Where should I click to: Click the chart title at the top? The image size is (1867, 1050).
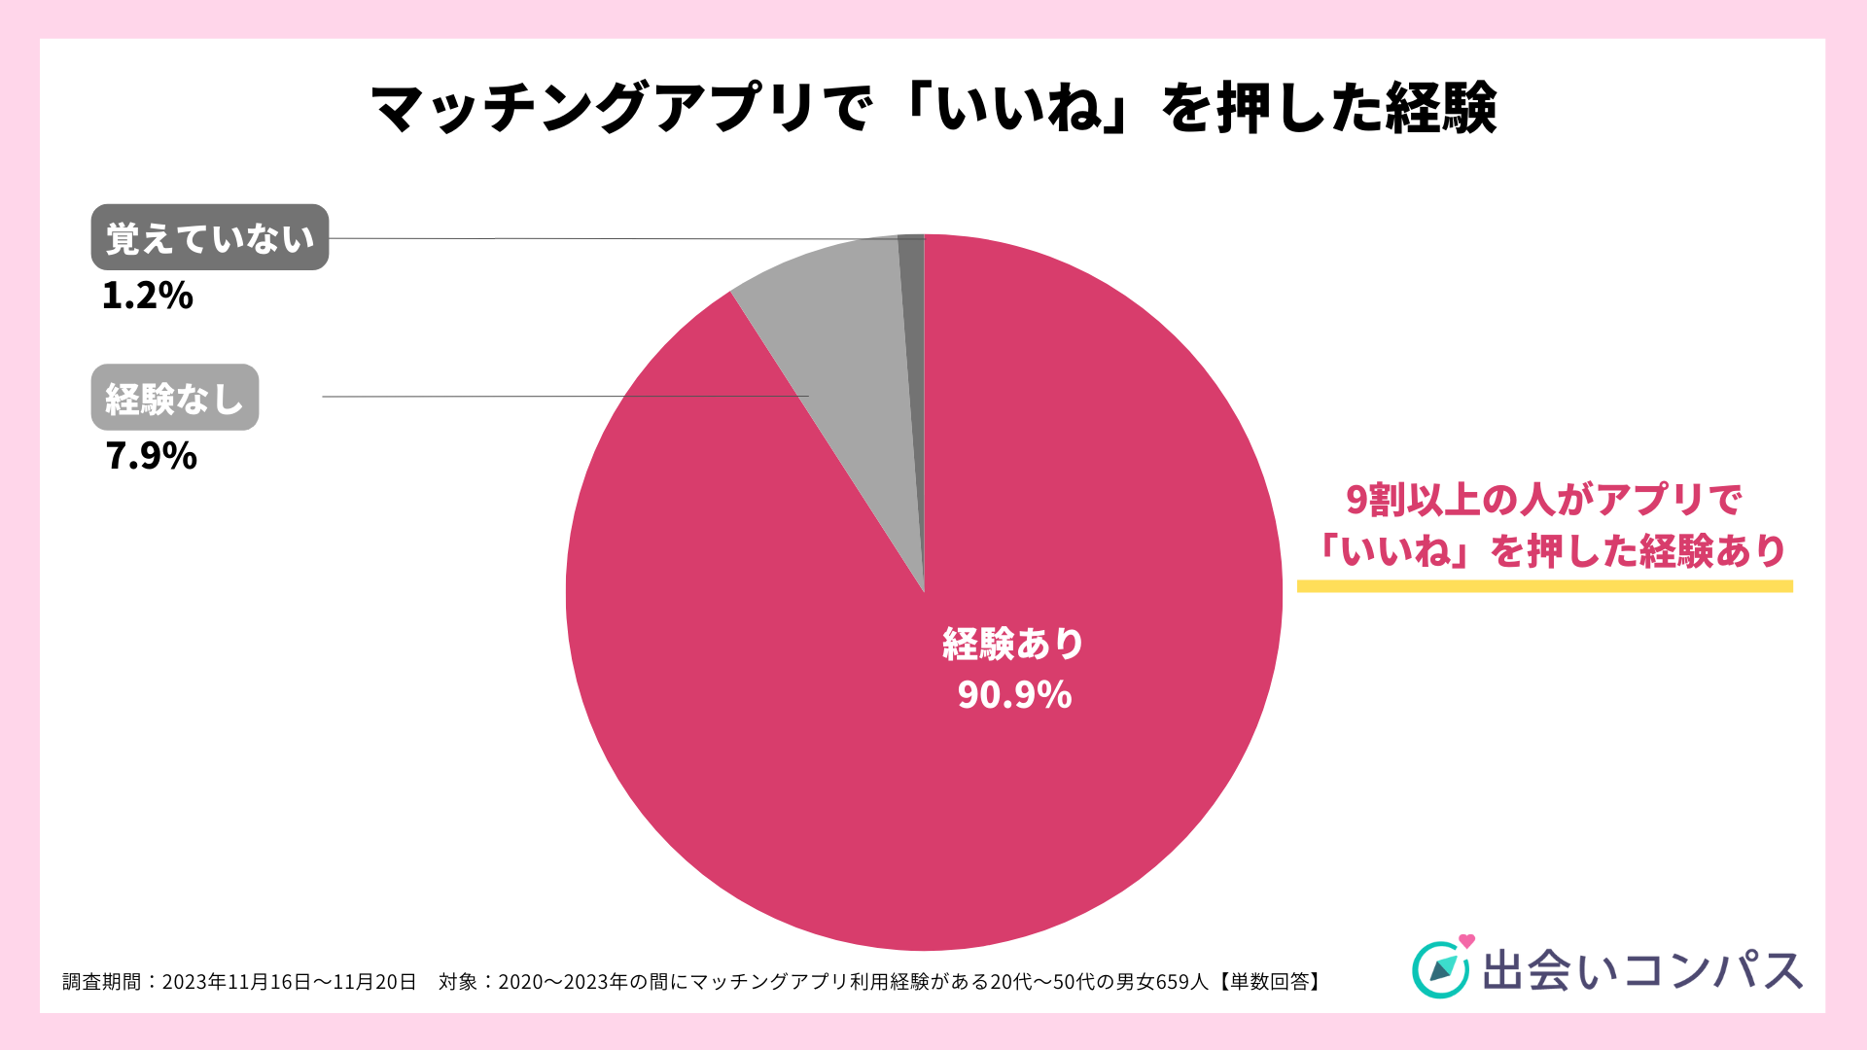[x=933, y=107]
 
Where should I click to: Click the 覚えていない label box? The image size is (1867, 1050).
[x=210, y=237]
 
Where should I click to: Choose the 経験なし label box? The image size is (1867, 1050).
[x=175, y=398]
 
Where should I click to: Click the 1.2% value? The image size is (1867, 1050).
[x=148, y=296]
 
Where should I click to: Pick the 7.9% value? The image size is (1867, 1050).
[x=152, y=456]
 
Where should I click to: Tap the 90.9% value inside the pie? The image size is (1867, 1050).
[x=1014, y=694]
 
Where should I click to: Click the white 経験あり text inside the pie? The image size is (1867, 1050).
[x=1013, y=644]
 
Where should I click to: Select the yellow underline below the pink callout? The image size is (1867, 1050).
[x=1544, y=586]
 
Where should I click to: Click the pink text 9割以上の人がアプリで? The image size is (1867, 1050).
[x=1543, y=500]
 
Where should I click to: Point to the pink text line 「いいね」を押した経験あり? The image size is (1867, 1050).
[x=1548, y=551]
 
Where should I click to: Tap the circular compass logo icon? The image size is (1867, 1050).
[x=1440, y=969]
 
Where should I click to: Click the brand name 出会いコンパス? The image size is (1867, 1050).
[x=1642, y=971]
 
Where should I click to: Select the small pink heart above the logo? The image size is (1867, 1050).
[x=1467, y=940]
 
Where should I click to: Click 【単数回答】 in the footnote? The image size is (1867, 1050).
[x=1268, y=982]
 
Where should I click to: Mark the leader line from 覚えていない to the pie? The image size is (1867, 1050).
[x=613, y=238]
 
